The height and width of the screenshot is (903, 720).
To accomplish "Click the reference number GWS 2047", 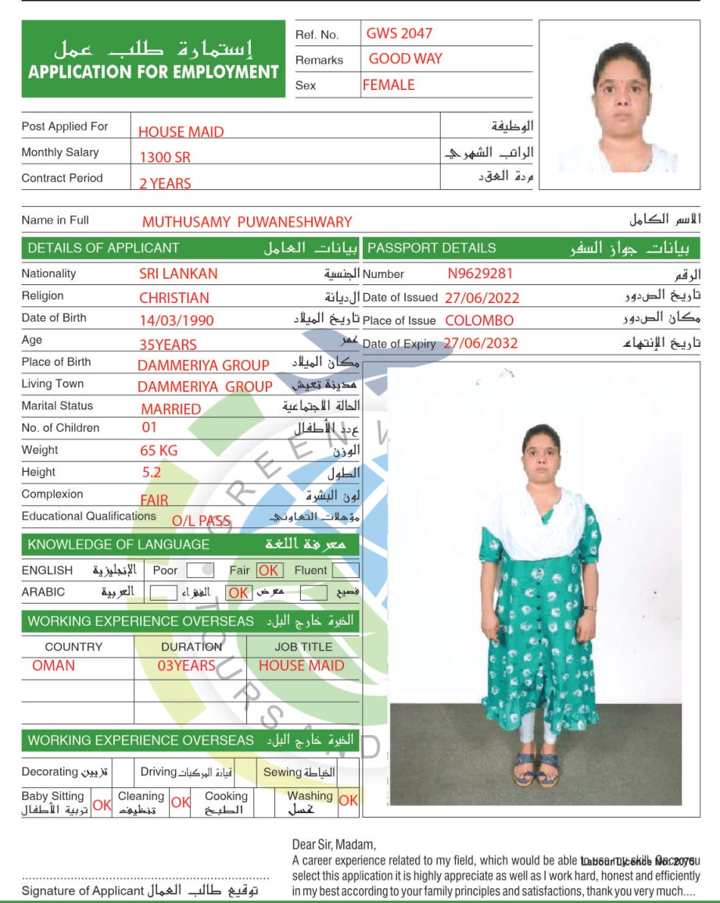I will click(x=399, y=34).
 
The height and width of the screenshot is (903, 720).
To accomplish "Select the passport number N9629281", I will click(x=480, y=273).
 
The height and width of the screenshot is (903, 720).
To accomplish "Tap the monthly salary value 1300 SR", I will click(x=165, y=158).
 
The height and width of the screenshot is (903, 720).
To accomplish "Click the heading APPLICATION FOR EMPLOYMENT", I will click(x=153, y=72).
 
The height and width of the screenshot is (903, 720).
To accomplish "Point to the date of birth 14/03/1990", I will click(x=176, y=320).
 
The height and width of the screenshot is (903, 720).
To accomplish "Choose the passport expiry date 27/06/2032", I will click(x=481, y=343).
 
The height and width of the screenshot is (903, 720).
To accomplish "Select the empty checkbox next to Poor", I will click(x=200, y=570).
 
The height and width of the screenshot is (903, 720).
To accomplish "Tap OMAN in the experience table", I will click(x=53, y=666).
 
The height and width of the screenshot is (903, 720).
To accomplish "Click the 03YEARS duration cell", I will click(x=186, y=666).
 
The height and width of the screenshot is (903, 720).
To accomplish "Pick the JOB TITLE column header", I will click(x=303, y=647).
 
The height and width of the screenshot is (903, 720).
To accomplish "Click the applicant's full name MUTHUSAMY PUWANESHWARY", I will click(x=247, y=222).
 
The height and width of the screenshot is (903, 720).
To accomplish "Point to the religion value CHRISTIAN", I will click(x=174, y=298).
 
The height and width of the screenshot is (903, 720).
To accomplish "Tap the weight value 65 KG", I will click(x=159, y=451).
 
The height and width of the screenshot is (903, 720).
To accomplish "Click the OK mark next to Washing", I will click(x=348, y=801).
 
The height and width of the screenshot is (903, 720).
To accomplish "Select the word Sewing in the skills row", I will click(x=282, y=772).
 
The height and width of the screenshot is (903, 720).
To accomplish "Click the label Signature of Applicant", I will click(x=83, y=891).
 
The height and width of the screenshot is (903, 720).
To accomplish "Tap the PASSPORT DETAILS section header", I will click(x=432, y=248).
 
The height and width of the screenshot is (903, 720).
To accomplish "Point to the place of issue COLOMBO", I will click(x=479, y=320).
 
